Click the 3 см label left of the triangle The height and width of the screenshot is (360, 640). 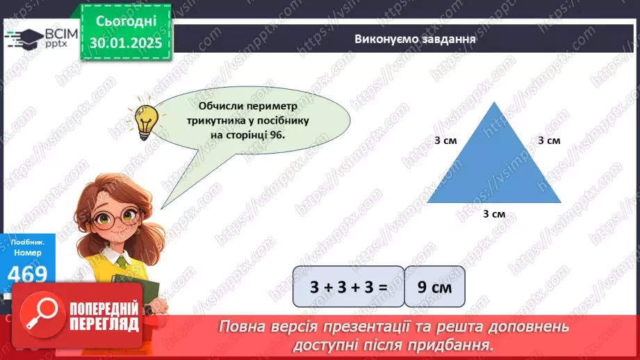[445, 140]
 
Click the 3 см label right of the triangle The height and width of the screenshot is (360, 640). [549, 140]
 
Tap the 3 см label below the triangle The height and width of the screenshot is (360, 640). [494, 214]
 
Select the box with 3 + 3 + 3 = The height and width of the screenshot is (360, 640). [347, 286]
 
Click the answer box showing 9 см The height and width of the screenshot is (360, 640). [434, 286]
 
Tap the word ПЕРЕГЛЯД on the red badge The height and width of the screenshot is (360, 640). [104, 324]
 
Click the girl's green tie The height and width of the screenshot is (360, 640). [122, 263]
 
